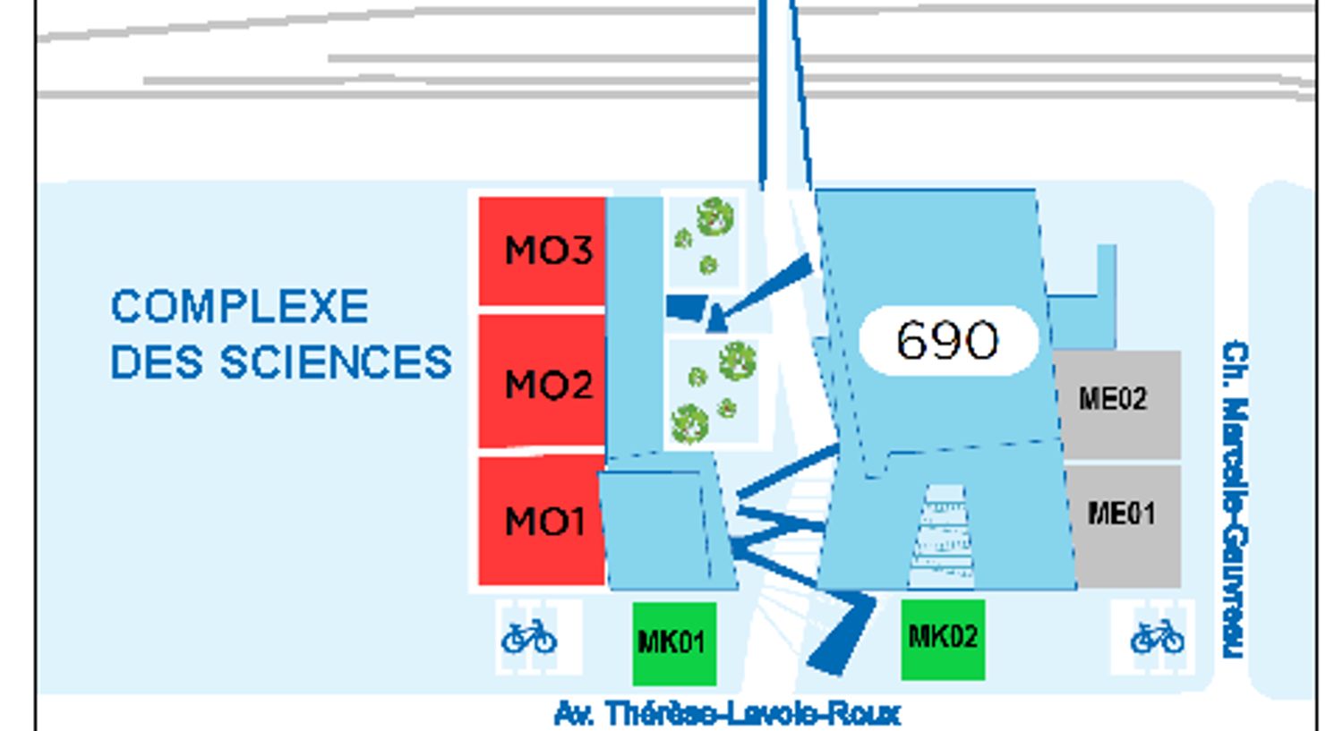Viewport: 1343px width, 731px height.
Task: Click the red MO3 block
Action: click(x=543, y=251)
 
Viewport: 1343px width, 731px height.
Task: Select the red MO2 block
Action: click(x=543, y=383)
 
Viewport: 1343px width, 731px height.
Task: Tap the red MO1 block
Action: click(x=541, y=521)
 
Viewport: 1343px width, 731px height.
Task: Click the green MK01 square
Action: click(x=673, y=641)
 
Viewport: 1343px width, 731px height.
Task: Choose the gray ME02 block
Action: click(x=1116, y=401)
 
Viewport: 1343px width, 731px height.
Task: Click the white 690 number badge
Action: click(x=947, y=340)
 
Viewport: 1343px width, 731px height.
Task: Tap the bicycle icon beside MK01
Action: click(x=529, y=637)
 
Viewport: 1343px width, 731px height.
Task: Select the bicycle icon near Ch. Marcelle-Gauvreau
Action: click(x=1157, y=637)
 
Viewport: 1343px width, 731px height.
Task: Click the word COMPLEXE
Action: click(x=239, y=307)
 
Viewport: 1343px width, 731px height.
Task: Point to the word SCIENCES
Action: click(x=336, y=362)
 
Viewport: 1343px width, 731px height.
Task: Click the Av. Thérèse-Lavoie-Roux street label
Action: click(x=727, y=714)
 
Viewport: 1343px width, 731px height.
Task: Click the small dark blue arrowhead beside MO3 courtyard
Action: click(x=716, y=319)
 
